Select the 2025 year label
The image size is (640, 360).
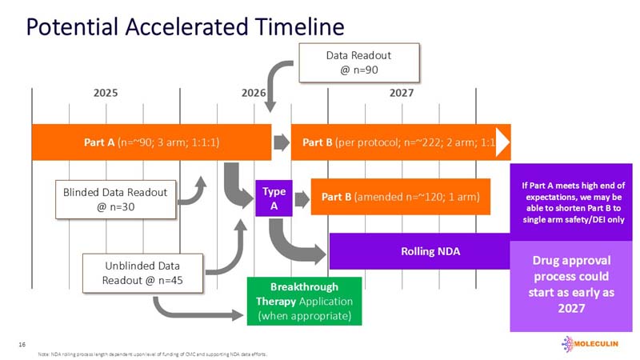(106, 94)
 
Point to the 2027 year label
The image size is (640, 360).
(401, 94)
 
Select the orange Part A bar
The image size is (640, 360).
(151, 143)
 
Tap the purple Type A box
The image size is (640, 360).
(274, 197)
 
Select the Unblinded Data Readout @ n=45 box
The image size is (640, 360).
(142, 273)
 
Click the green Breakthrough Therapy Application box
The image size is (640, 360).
(304, 301)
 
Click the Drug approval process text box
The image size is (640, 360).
(571, 284)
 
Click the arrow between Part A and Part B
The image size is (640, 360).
(281, 143)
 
